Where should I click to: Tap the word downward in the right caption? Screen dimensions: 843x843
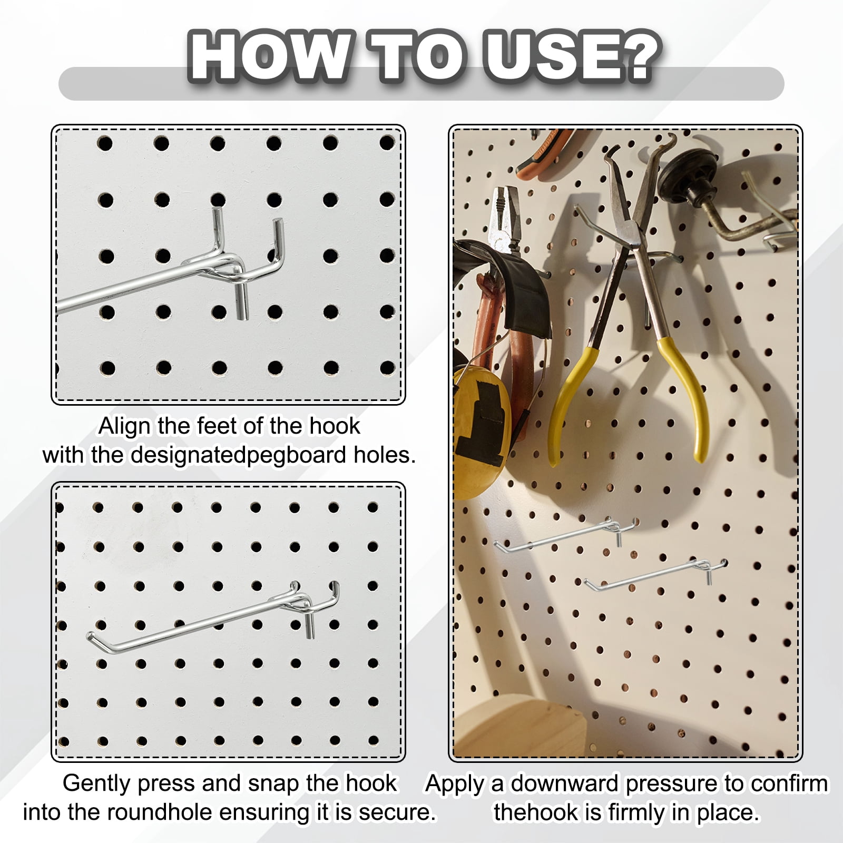[566, 784]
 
